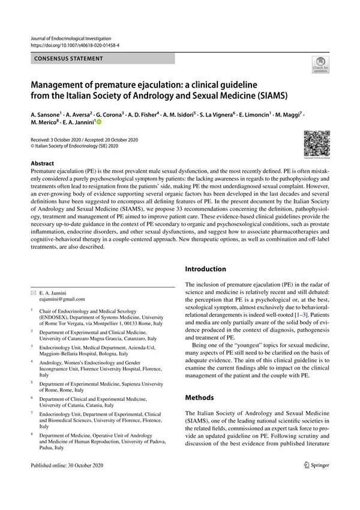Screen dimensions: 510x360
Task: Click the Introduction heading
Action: [206, 269]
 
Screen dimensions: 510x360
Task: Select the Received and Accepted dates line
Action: [84, 139]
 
